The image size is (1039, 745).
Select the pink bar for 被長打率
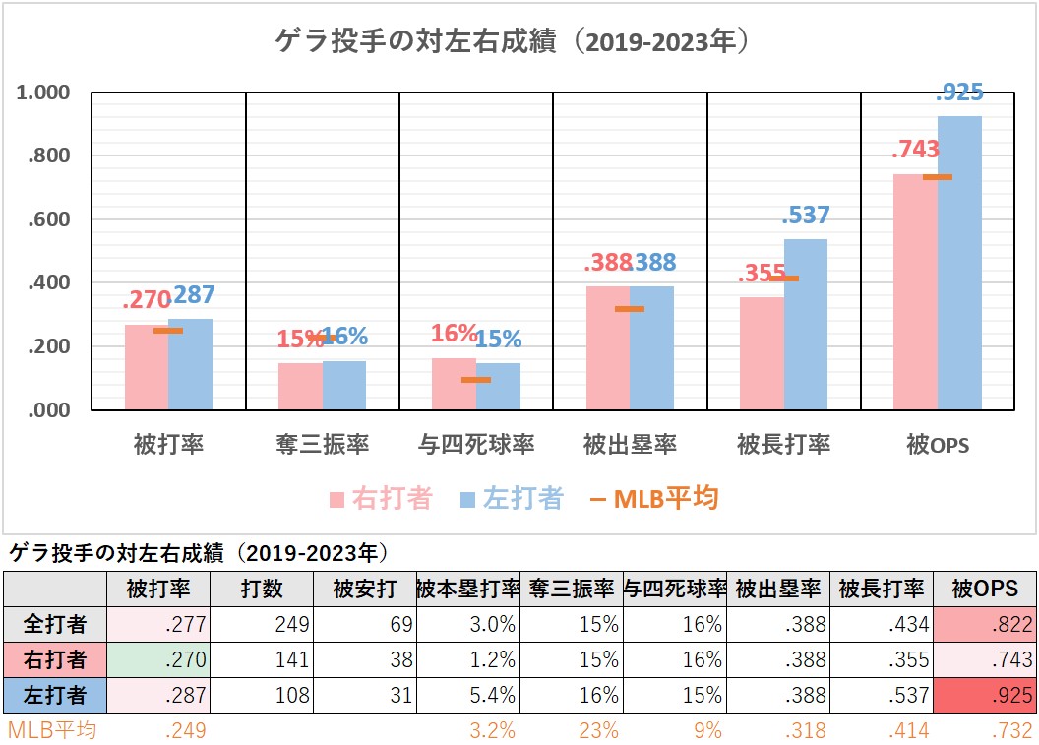[762, 353]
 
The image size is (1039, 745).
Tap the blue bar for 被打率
[190, 364]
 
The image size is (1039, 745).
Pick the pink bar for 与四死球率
[454, 384]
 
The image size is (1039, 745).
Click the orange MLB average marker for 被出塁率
[630, 309]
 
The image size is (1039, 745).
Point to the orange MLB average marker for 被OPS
[938, 177]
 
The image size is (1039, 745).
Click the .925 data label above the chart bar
[958, 93]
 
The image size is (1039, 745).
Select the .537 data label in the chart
[806, 216]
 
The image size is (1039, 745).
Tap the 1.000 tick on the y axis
[44, 93]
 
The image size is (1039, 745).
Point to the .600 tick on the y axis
[50, 219]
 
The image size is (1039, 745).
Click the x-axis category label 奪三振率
[322, 445]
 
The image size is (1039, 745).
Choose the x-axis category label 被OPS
[938, 445]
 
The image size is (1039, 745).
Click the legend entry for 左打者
[512, 499]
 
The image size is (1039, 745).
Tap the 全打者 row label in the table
[55, 624]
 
